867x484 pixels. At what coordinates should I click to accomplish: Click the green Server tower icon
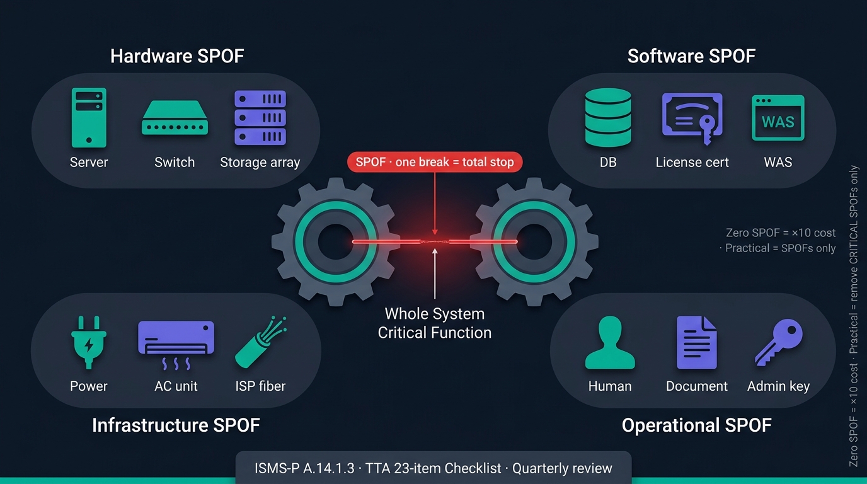[x=89, y=118]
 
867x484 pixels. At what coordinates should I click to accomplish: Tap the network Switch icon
[x=175, y=118]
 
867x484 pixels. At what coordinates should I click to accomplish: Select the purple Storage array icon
[x=260, y=118]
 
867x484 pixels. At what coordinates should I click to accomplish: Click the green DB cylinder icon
[x=608, y=118]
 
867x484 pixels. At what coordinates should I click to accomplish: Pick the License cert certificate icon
[x=692, y=118]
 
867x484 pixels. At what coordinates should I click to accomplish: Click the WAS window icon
[x=778, y=118]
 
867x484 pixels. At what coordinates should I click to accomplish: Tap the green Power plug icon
[x=89, y=342]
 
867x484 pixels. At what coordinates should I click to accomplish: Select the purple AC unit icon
[x=176, y=345]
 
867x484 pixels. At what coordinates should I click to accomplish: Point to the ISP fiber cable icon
[x=260, y=342]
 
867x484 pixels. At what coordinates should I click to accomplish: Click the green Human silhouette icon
[x=610, y=342]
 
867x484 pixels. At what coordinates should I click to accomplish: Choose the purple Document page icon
[x=697, y=342]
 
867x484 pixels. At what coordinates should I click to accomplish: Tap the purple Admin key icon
[x=779, y=342]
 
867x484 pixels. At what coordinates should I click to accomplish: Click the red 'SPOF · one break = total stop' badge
[x=435, y=162]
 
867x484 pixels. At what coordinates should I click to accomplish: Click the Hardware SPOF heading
[x=177, y=56]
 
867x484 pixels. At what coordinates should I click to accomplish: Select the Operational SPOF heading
[x=697, y=425]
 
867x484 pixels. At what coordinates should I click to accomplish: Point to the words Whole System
[x=435, y=314]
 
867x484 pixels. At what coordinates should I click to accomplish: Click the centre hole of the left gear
[x=335, y=241]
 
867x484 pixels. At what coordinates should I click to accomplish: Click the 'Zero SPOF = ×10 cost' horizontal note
[x=780, y=233]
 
